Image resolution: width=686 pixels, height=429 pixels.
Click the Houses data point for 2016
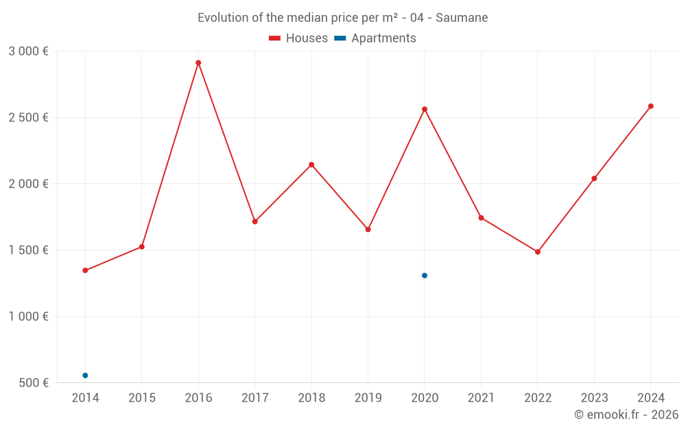coord(198,63)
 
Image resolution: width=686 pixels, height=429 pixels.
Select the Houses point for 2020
coord(425,109)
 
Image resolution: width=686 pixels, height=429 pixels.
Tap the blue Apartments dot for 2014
coord(85,375)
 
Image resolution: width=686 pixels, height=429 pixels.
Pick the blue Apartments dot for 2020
coord(425,276)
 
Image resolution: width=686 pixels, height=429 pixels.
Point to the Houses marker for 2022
coord(538,252)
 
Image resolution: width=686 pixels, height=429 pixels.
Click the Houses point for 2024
coord(651,106)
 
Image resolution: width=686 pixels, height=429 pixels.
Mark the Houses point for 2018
coord(311,165)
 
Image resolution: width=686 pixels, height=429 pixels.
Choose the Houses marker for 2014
coord(85,270)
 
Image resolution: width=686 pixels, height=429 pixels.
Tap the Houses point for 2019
coord(368,229)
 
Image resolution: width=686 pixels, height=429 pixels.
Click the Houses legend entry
coord(298,38)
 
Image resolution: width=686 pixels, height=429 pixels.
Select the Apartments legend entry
coord(375,38)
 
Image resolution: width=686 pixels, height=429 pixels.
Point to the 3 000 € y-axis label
coord(28,51)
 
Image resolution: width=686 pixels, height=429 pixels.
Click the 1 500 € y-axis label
coord(28,251)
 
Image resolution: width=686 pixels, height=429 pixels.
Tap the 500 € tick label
coord(32,383)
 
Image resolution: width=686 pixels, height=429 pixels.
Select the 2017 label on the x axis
coord(255,398)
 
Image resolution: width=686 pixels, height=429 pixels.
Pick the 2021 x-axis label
coord(481,398)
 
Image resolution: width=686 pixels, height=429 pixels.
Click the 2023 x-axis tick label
coord(594,398)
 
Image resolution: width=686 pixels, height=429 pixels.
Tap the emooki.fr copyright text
coord(626,415)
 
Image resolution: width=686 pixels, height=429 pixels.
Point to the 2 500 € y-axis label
coord(28,117)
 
